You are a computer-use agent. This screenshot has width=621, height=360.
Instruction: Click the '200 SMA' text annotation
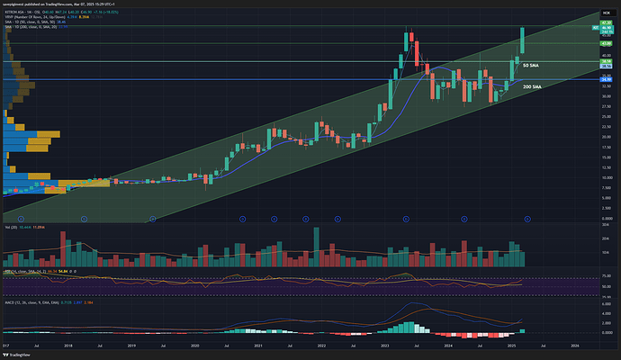point(532,86)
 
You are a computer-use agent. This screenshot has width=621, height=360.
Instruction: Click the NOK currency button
point(606,8)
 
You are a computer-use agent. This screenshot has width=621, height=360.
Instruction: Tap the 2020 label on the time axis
point(195,345)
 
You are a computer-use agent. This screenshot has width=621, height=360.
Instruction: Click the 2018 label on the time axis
point(68,345)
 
